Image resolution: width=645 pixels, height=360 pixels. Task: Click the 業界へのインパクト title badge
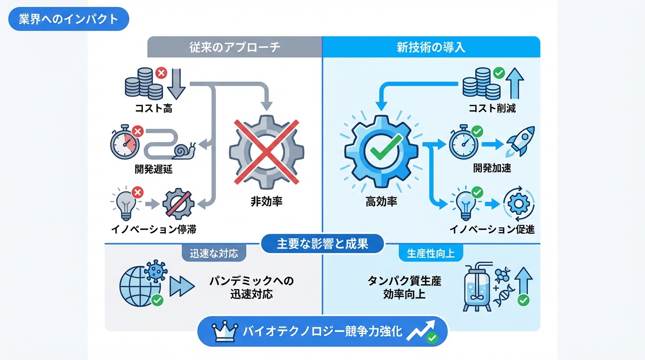(68, 19)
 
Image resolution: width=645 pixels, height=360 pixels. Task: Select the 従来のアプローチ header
(235, 47)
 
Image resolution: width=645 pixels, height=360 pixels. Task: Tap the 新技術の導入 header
(431, 47)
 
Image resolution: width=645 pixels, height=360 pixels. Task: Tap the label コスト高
(154, 109)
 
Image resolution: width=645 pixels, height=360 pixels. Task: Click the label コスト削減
(492, 109)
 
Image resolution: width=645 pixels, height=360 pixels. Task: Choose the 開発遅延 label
(154, 169)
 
